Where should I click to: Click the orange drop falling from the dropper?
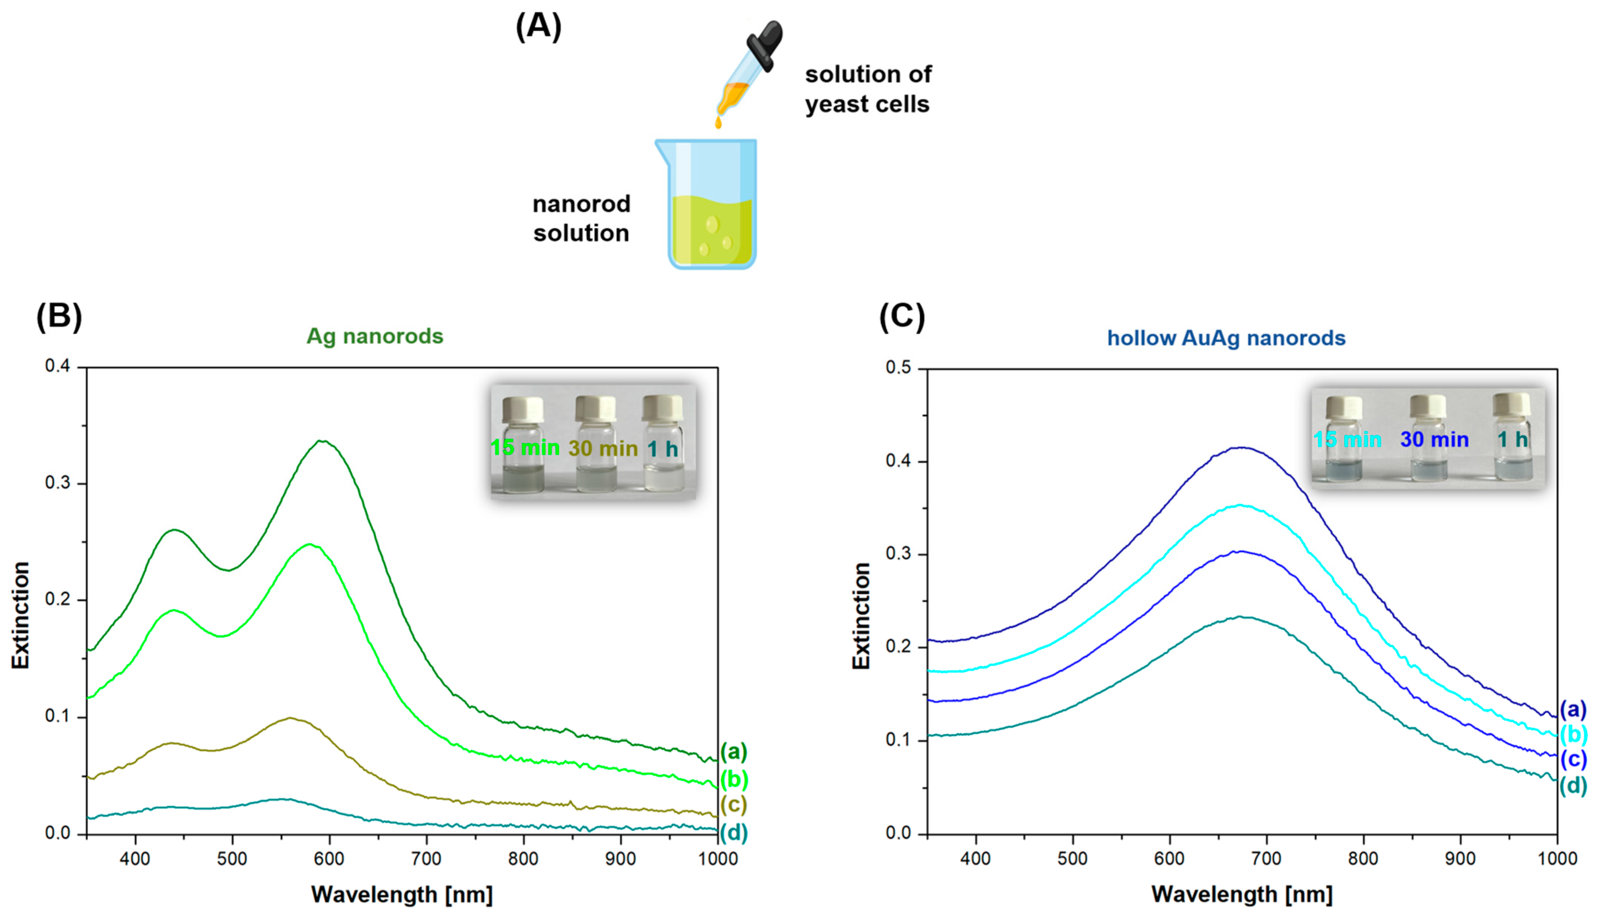718,122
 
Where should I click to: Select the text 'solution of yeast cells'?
867,89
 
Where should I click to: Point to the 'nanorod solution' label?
581,218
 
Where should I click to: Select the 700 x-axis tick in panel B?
427,859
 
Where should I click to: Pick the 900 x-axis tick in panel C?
1460,859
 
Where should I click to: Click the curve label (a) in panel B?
734,752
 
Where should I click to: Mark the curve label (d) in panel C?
1573,786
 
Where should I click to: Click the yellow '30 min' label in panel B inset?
603,448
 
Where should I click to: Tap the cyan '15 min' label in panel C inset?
1347,439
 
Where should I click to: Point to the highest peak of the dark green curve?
322,441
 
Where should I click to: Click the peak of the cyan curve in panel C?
1240,505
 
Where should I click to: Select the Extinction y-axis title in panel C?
861,615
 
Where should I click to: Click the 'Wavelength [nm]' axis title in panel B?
402,894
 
